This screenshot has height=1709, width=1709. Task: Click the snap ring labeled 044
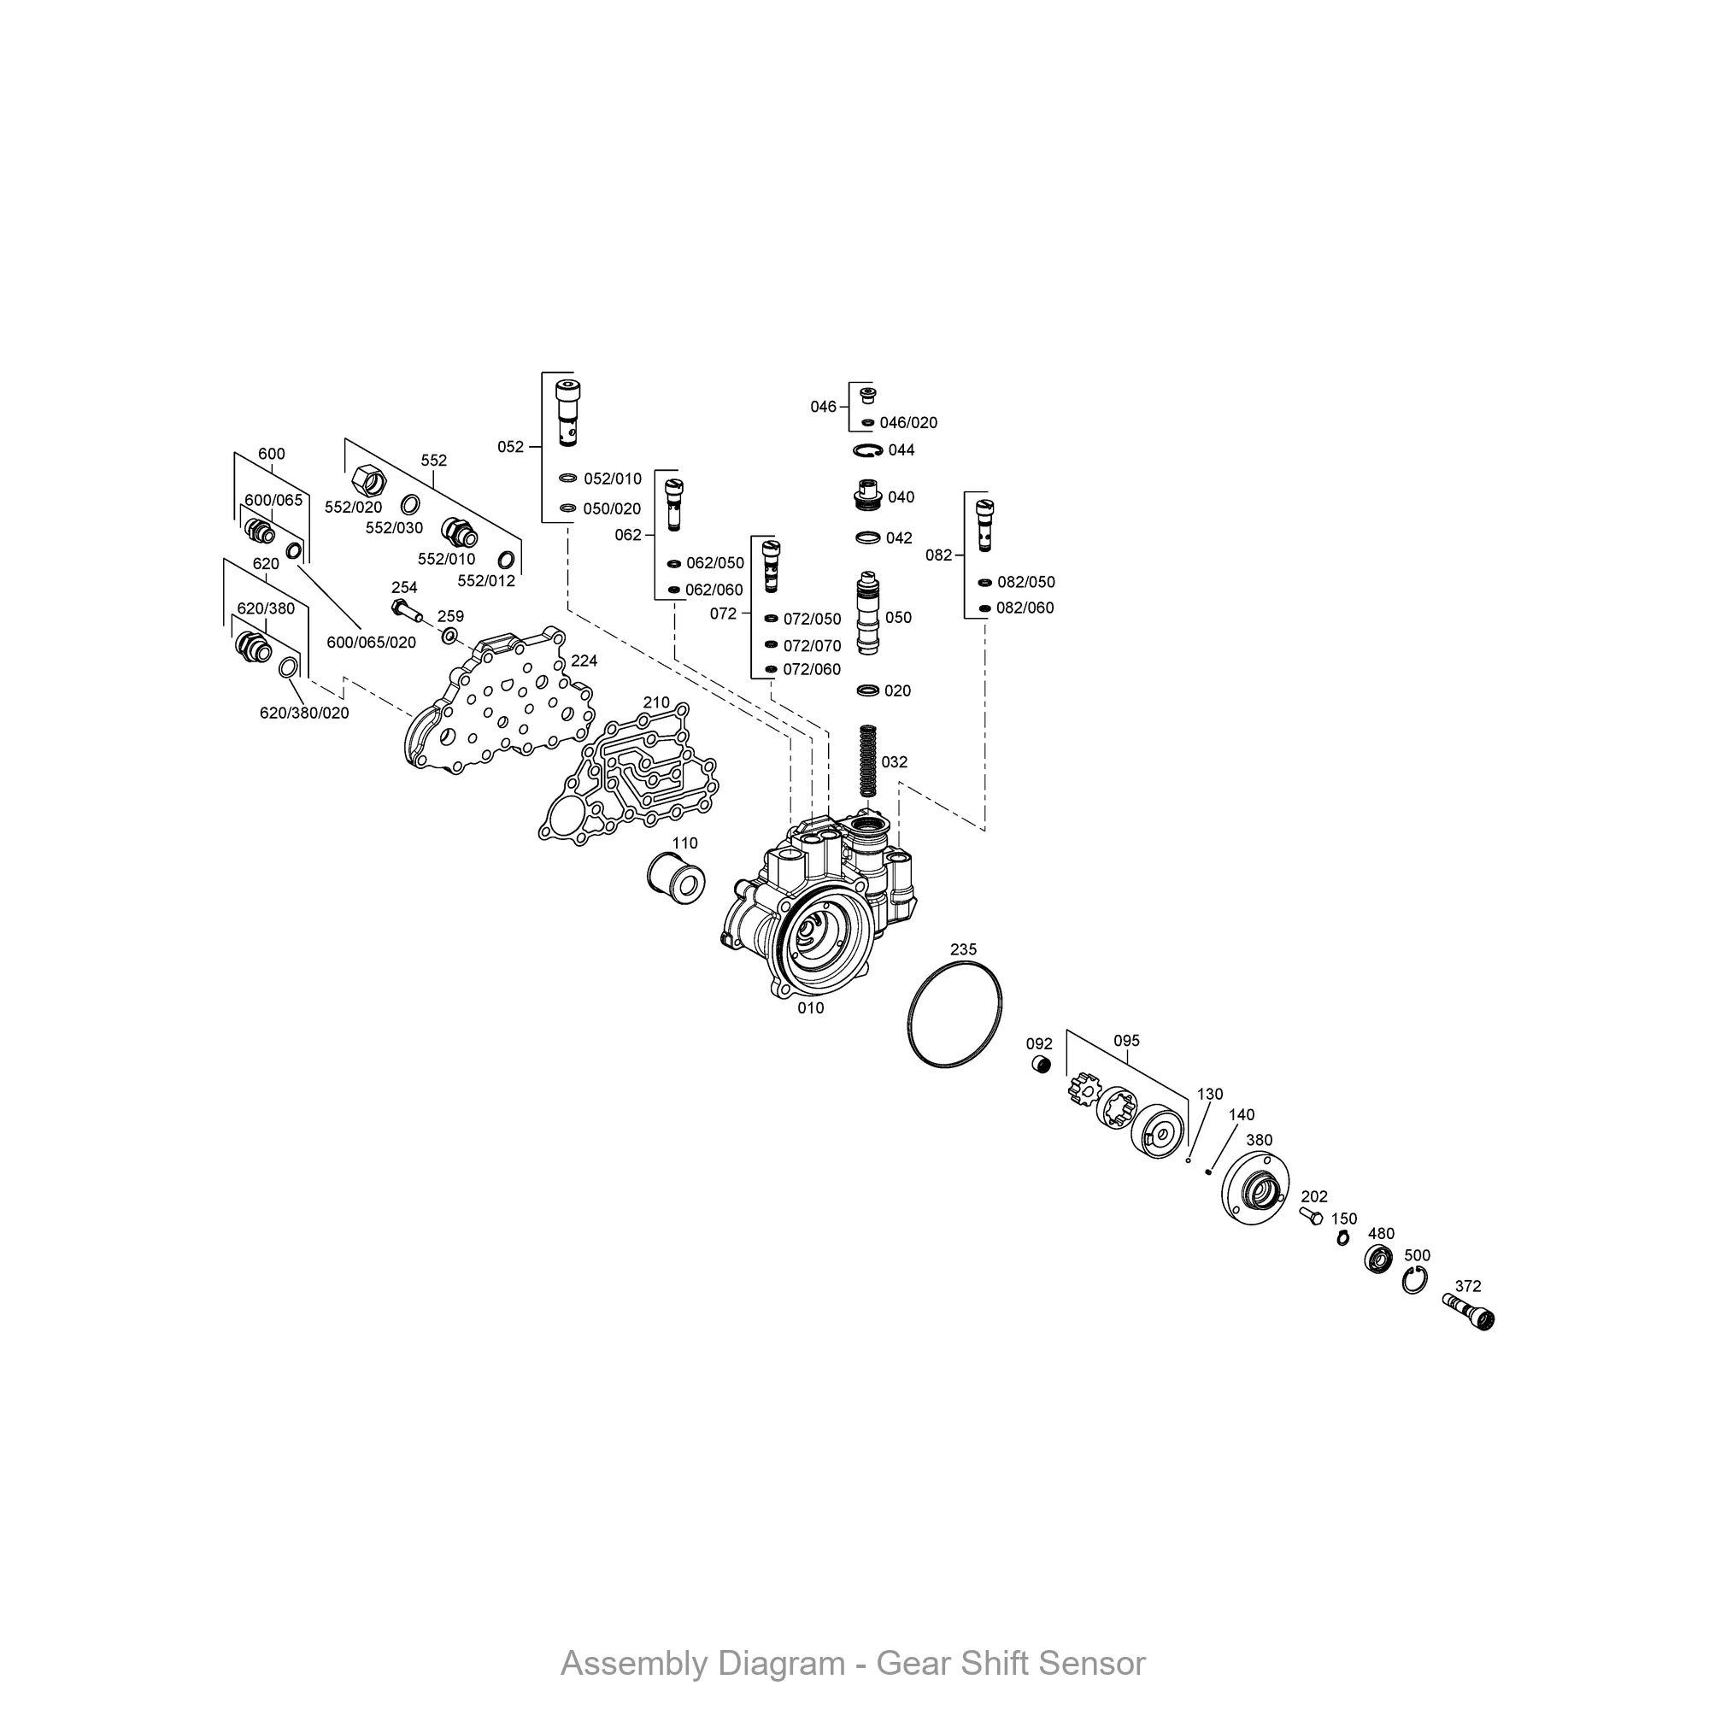click(869, 450)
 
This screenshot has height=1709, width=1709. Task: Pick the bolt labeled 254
click(406, 609)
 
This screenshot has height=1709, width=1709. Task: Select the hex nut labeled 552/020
click(369, 480)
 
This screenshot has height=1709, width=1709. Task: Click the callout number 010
click(810, 1008)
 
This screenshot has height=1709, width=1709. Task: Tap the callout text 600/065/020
click(371, 643)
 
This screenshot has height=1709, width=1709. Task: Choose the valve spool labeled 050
click(869, 613)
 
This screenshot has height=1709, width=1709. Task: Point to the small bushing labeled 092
click(1041, 1065)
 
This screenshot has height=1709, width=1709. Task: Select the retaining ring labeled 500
click(1413, 1280)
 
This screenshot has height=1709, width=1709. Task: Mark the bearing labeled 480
click(1378, 1259)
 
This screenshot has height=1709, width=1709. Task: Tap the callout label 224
click(584, 661)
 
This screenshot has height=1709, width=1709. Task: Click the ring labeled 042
click(869, 537)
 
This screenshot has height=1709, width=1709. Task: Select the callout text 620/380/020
click(303, 713)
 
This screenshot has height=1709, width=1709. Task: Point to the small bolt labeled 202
click(1311, 1217)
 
